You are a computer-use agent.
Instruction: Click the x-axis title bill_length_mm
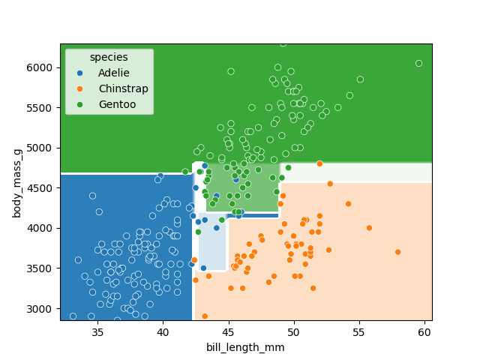pyautogui.click(x=246, y=347)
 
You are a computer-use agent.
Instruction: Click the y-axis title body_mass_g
pyautogui.click(x=16, y=182)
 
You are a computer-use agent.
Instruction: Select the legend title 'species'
pyautogui.click(x=109, y=58)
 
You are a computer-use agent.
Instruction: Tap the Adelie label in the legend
pyautogui.click(x=113, y=73)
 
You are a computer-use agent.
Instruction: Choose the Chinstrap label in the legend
pyautogui.click(x=123, y=88)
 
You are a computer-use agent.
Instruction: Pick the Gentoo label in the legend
pyautogui.click(x=117, y=104)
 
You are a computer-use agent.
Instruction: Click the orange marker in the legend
pyautogui.click(x=80, y=88)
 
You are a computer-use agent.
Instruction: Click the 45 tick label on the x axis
pyautogui.click(x=228, y=331)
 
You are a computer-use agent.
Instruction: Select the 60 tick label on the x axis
pyautogui.click(x=425, y=331)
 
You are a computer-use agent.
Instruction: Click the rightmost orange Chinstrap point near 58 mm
pyautogui.click(x=397, y=252)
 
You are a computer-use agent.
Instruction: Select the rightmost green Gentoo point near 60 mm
pyautogui.click(x=418, y=64)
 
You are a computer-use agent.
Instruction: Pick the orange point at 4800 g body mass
pyautogui.click(x=319, y=163)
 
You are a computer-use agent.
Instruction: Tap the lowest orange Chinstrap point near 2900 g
pyautogui.click(x=205, y=316)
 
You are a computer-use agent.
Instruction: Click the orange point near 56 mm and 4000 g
pyautogui.click(x=369, y=228)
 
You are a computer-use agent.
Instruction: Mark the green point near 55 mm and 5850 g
pyautogui.click(x=360, y=79)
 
